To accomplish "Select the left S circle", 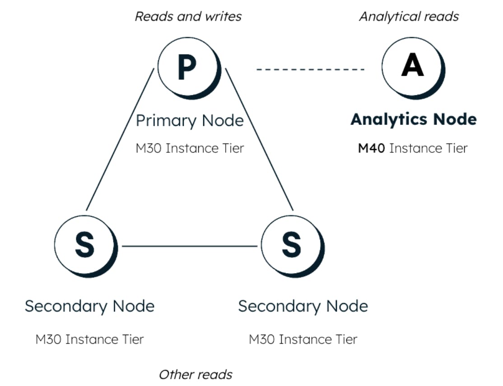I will [x=84, y=244].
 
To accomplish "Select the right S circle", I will [x=291, y=244].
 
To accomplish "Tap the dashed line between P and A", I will [x=310, y=69].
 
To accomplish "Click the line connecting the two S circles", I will [x=190, y=246].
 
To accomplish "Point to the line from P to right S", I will [x=260, y=140].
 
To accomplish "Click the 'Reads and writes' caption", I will [x=188, y=17].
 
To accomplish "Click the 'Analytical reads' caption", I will [x=409, y=17].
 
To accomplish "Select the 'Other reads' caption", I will [x=195, y=374].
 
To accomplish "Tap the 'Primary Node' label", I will [x=190, y=121].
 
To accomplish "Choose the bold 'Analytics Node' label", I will [x=413, y=119].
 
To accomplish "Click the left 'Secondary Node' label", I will [x=89, y=306].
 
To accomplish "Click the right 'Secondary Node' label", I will [x=303, y=306].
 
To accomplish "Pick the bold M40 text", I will [x=371, y=148].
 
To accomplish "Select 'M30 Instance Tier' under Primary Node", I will [x=190, y=148].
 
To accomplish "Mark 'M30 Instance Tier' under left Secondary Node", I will [x=89, y=339].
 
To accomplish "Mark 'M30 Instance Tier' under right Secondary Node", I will [x=303, y=339].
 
